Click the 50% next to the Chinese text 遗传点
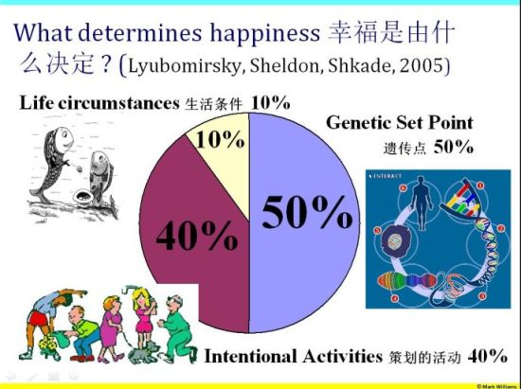click(453, 146)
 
